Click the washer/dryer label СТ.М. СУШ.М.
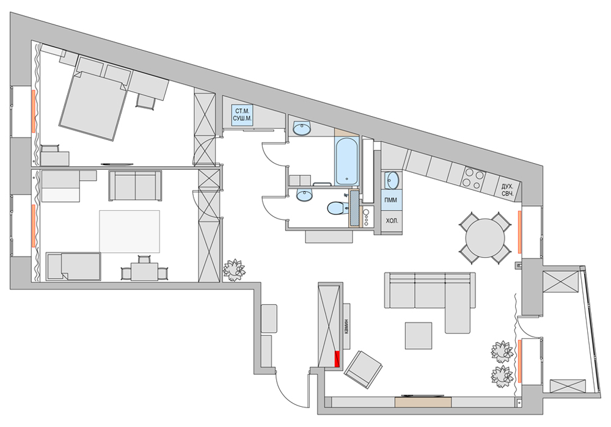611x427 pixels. [x=242, y=115]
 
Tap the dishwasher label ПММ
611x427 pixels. [x=390, y=200]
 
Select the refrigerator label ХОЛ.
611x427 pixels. [x=392, y=221]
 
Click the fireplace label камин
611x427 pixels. [x=346, y=326]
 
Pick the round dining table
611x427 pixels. [x=485, y=238]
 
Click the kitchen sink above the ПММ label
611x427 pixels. [x=392, y=180]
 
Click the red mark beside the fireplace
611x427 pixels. [x=337, y=359]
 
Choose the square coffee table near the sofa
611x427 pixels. [x=418, y=335]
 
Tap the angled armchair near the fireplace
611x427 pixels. [x=363, y=369]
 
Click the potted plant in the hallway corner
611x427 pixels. [x=234, y=269]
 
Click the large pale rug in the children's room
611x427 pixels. [x=130, y=231]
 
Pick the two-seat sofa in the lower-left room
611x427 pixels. [x=135, y=186]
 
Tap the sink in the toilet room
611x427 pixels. [x=304, y=195]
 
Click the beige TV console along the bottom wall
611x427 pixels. [x=423, y=402]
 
